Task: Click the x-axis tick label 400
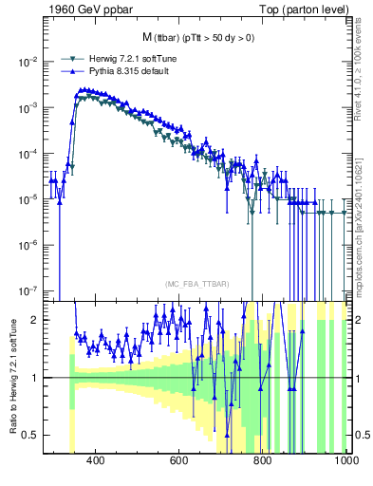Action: click(96, 460)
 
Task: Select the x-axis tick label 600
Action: click(179, 460)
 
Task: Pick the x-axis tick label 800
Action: click(263, 460)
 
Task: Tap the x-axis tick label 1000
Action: click(345, 460)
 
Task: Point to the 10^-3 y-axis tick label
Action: click(28, 108)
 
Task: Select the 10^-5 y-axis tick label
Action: click(28, 200)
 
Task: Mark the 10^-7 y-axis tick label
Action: click(28, 291)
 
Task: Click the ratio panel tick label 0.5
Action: click(31, 435)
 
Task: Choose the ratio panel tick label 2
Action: click(36, 320)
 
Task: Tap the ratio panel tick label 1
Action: click(36, 378)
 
